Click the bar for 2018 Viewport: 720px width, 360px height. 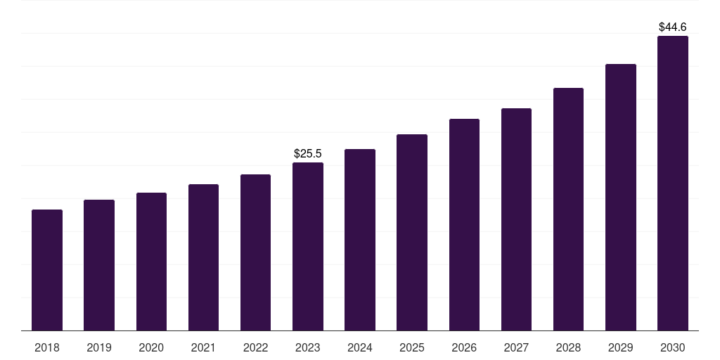[x=47, y=270]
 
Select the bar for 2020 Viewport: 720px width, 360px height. [x=151, y=262]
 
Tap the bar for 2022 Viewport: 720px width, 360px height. [x=255, y=252]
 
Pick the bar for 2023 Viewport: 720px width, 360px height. [x=308, y=246]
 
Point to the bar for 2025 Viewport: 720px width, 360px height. [x=412, y=232]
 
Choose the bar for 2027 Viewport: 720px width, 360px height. [x=516, y=219]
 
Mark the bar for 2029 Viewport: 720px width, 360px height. [x=621, y=197]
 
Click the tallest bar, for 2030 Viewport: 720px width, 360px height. [x=673, y=183]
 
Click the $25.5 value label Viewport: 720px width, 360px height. [x=308, y=153]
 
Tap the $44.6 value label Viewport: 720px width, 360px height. [x=673, y=27]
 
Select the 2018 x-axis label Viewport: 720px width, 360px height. [x=47, y=348]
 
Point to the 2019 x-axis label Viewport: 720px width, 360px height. [x=99, y=348]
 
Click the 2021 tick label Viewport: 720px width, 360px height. [x=203, y=348]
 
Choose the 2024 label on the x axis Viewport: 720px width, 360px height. [x=360, y=348]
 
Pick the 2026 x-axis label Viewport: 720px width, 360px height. [x=464, y=348]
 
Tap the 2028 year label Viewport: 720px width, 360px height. [x=568, y=348]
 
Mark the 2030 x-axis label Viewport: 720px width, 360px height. [x=673, y=348]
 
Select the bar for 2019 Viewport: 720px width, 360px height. [x=99, y=265]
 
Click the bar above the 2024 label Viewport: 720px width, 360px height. [x=360, y=240]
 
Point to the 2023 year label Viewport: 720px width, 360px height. [x=308, y=348]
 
